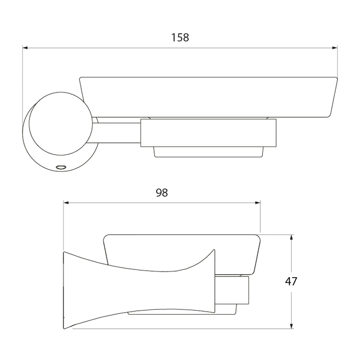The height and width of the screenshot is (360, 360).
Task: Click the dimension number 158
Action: point(180,38)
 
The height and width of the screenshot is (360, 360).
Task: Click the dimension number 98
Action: point(162,193)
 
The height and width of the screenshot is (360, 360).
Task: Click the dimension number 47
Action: point(291,281)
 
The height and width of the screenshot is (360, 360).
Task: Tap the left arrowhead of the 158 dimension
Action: point(25,48)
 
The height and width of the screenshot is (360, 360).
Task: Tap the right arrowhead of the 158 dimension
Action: point(335,48)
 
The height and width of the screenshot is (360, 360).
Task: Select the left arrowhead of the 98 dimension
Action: point(66,203)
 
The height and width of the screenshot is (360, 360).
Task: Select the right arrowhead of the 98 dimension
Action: point(258,203)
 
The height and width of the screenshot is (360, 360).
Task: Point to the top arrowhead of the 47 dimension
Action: point(292,238)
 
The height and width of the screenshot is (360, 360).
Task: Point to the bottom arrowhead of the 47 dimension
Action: point(292,326)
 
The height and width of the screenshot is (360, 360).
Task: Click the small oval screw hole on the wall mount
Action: point(61,167)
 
